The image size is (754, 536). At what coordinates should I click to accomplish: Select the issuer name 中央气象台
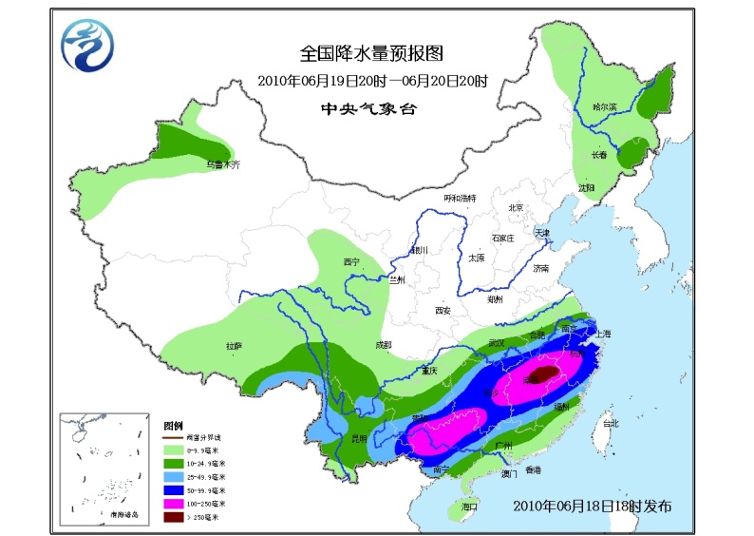(x=369, y=108)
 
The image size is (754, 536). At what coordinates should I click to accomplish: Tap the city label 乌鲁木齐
(x=224, y=164)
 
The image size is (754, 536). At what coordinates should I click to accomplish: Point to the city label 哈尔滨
(x=605, y=107)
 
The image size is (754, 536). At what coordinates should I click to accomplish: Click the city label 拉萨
(x=234, y=346)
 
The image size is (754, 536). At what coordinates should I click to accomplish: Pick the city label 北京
(x=516, y=207)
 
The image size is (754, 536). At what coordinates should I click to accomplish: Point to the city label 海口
(x=469, y=507)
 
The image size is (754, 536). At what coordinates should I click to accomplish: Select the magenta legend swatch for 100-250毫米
(x=175, y=502)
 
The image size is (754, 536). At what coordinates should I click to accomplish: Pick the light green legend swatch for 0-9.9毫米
(x=175, y=449)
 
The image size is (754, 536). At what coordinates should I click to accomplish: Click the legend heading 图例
(x=172, y=425)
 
